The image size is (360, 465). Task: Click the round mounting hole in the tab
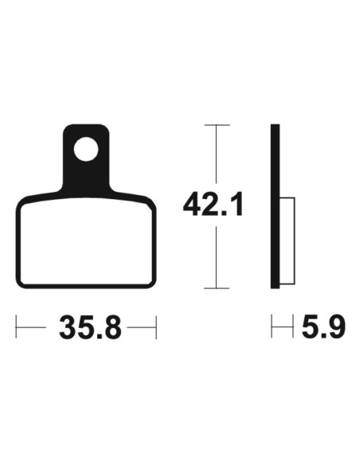(86, 149)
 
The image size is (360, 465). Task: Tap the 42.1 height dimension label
(213, 205)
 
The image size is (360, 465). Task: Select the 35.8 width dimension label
(91, 327)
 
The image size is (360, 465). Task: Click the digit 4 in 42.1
(193, 205)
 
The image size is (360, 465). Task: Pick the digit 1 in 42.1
(237, 205)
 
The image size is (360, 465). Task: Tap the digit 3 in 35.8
(68, 327)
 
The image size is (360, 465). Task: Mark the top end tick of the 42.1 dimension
(217, 125)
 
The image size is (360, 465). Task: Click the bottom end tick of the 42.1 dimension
(217, 288)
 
